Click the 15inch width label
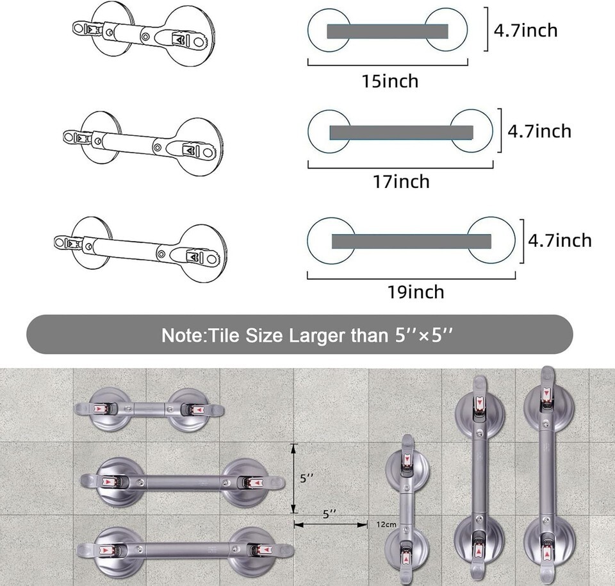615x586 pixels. click(x=390, y=81)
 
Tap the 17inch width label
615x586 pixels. click(x=401, y=181)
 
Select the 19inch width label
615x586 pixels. click(x=416, y=292)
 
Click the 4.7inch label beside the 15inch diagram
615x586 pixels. click(x=525, y=30)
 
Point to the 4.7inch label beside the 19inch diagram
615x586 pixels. click(x=560, y=240)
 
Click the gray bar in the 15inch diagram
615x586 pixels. click(x=388, y=31)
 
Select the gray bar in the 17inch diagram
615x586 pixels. click(x=401, y=133)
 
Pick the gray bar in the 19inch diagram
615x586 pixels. click(x=411, y=241)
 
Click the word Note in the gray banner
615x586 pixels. click(x=183, y=335)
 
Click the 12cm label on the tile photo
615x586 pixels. click(x=386, y=524)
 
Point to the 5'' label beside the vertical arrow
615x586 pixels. click(x=307, y=478)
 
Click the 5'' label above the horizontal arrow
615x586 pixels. click(x=329, y=514)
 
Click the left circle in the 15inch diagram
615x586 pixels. click(x=329, y=30)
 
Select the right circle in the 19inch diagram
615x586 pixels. click(x=491, y=240)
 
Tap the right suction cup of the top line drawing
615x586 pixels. click(x=190, y=37)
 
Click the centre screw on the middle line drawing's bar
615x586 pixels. click(x=158, y=147)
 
